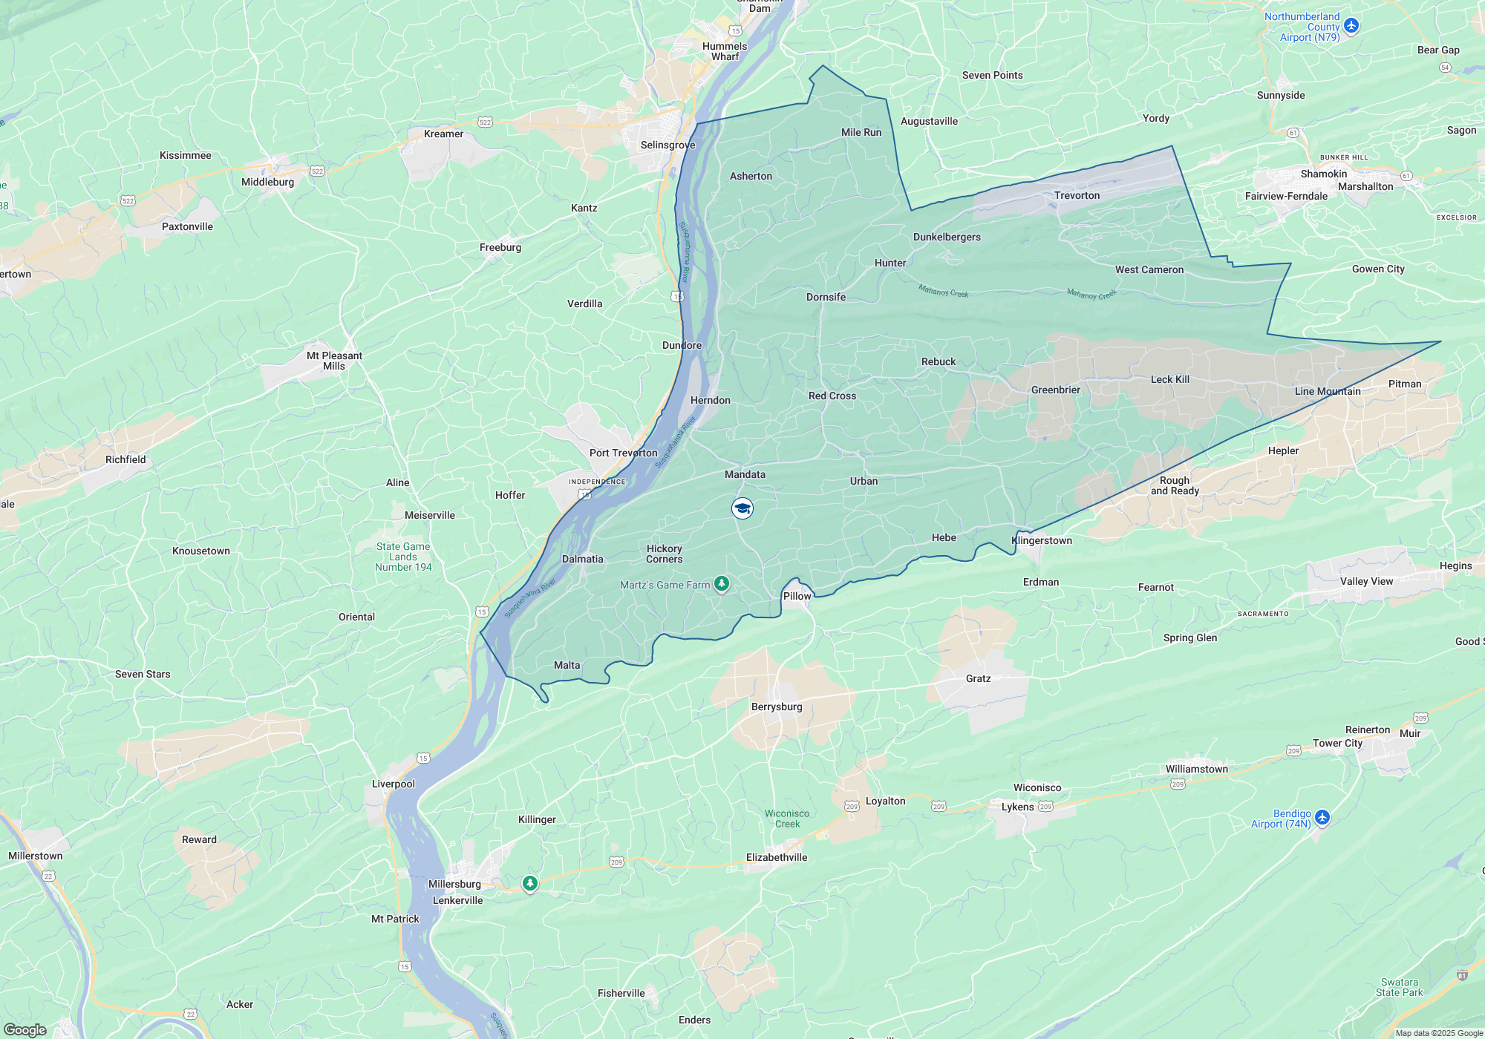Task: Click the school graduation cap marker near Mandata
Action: [742, 508]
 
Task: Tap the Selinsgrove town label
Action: [668, 145]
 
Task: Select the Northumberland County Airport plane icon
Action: [1351, 26]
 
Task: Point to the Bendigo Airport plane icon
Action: [1322, 817]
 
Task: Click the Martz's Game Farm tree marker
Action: [721, 585]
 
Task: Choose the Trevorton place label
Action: [1077, 195]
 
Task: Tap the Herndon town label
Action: [710, 400]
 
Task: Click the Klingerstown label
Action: [1042, 540]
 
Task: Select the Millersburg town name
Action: [454, 884]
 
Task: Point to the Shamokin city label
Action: [1323, 174]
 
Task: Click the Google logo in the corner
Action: [25, 1029]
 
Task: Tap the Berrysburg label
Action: [777, 707]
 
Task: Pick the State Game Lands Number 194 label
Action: [403, 557]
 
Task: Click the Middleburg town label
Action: [267, 182]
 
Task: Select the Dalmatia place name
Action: [582, 559]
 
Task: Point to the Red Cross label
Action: [832, 396]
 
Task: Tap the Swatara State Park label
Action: [1399, 987]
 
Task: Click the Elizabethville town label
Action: [776, 857]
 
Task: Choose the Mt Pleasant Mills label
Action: [334, 361]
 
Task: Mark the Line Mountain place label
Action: [1328, 391]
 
